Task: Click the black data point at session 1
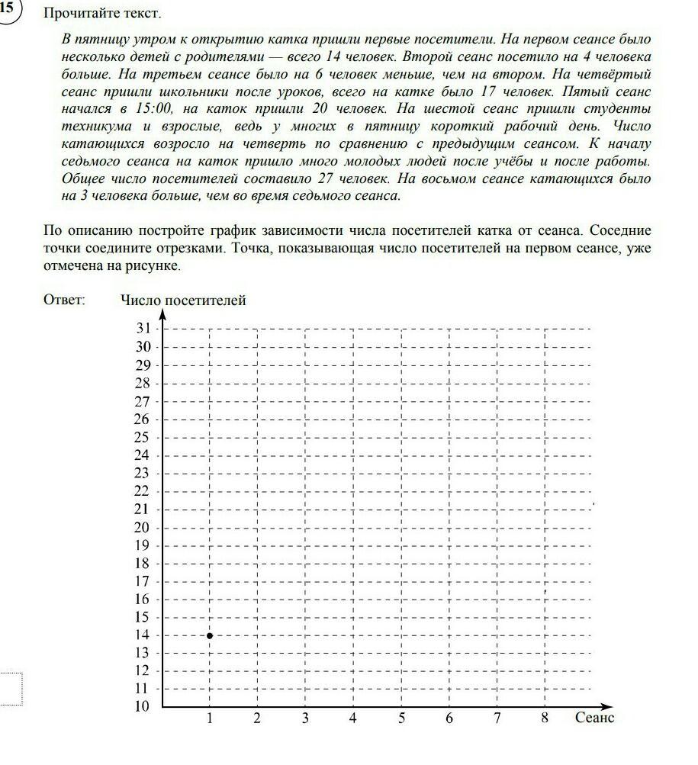210,635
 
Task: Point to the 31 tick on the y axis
143,329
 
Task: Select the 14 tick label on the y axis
143,635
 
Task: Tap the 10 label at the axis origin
143,706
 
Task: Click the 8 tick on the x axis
545,718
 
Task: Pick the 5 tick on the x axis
401,718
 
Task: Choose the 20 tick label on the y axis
143,527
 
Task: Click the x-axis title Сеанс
594,718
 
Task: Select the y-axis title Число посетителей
183,301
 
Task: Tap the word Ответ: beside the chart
65,301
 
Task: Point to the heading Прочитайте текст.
103,14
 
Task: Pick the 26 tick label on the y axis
143,419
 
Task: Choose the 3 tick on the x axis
305,718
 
